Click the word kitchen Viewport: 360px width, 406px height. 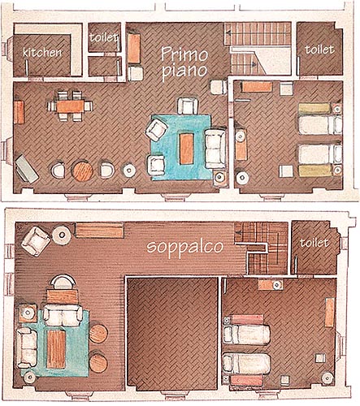coord(42,52)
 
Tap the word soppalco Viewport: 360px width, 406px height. coord(185,247)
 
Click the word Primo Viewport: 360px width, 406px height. coord(184,54)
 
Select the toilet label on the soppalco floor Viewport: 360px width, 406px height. coord(314,243)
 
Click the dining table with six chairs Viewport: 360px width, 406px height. coord(71,106)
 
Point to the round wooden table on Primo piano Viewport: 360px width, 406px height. coord(82,171)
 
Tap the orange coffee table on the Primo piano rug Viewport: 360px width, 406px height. coord(187,149)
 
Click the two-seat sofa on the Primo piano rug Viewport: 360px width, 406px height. coord(215,149)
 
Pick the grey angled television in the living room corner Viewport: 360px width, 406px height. coord(26,169)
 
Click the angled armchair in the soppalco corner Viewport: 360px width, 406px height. coord(36,241)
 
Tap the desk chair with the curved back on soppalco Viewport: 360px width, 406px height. coord(63,282)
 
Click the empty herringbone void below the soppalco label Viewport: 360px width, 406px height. coord(172,335)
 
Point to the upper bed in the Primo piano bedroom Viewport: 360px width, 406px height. coord(320,125)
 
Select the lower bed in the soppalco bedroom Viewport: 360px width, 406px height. coord(246,364)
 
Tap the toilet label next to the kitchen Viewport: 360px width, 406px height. coord(104,37)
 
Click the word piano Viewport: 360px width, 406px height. coord(186,71)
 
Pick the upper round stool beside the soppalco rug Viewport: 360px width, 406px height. coord(98,334)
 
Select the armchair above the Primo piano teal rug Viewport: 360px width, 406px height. coord(187,106)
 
